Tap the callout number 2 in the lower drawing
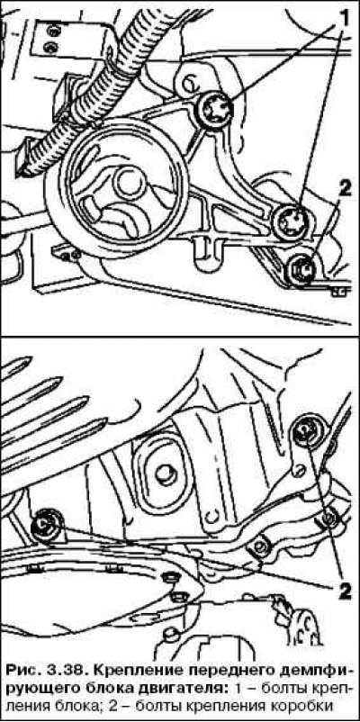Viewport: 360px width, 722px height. pyautogui.click(x=344, y=590)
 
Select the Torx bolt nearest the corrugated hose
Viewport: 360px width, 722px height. pyautogui.click(x=216, y=110)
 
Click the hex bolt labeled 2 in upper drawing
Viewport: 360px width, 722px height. pyautogui.click(x=301, y=268)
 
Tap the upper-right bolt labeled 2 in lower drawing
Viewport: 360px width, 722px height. pyautogui.click(x=306, y=431)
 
